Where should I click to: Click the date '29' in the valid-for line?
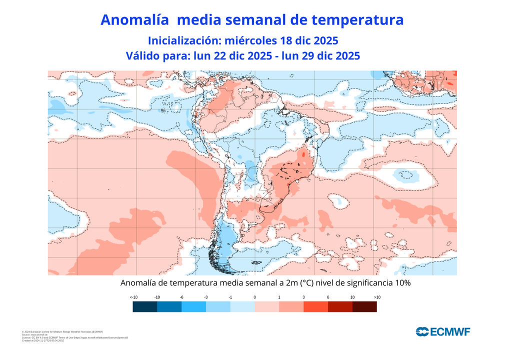(x=306, y=55)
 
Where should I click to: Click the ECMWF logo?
(x=443, y=331)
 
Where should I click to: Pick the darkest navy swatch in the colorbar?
(x=144, y=307)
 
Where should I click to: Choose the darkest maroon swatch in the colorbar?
(x=364, y=307)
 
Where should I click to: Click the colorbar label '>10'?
(x=376, y=297)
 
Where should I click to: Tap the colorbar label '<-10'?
(x=133, y=297)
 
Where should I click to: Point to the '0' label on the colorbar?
(x=254, y=297)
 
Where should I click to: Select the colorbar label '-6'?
(x=181, y=297)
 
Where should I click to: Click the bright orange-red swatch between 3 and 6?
(x=315, y=307)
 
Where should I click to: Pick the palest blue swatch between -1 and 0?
(x=242, y=307)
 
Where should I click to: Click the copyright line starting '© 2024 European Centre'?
(x=62, y=331)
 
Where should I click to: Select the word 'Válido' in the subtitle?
(x=144, y=55)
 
